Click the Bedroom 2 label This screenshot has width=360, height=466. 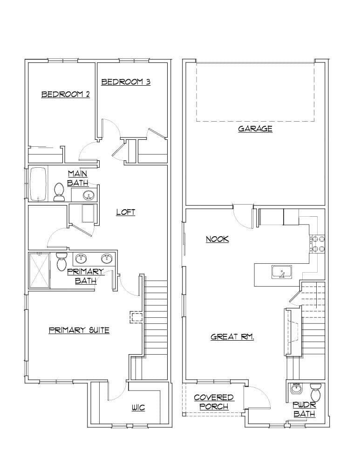point(66,94)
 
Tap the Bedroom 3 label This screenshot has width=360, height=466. point(126,82)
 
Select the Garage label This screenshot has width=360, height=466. point(255,129)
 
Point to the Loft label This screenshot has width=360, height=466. point(126,212)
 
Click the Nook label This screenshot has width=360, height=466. point(217,239)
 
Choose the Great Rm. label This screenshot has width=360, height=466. point(232,336)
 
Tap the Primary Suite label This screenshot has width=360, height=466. point(79,330)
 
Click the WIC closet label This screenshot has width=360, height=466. point(138,408)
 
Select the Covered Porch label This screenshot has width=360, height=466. point(214,402)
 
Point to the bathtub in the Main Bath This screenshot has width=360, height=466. point(38,185)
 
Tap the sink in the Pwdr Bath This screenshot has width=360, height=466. point(295,388)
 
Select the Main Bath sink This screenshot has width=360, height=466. point(88,195)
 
